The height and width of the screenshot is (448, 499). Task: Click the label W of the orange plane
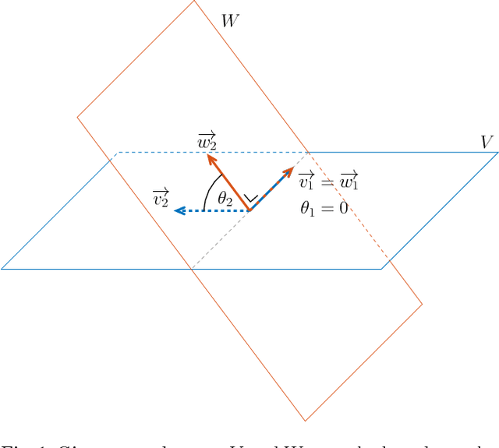tap(230, 21)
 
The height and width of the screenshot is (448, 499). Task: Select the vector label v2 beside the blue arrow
tap(161, 198)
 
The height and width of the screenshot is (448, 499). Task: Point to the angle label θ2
tap(225, 199)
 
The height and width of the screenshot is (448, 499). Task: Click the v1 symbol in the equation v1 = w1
tap(307, 182)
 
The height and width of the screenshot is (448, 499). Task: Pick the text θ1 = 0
tap(324, 208)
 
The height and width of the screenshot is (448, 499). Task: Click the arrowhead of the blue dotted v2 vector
tap(178, 210)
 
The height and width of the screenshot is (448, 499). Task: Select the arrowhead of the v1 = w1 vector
tap(289, 171)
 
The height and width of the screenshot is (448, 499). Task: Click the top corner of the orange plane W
tap(194, 1)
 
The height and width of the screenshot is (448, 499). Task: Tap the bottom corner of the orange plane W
tap(305, 421)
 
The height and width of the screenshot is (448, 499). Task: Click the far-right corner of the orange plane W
tap(422, 304)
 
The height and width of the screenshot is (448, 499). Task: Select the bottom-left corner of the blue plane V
tap(2, 269)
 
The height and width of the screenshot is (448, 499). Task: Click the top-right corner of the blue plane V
tap(497, 152)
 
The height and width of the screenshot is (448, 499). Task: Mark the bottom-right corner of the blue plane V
tap(381, 269)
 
